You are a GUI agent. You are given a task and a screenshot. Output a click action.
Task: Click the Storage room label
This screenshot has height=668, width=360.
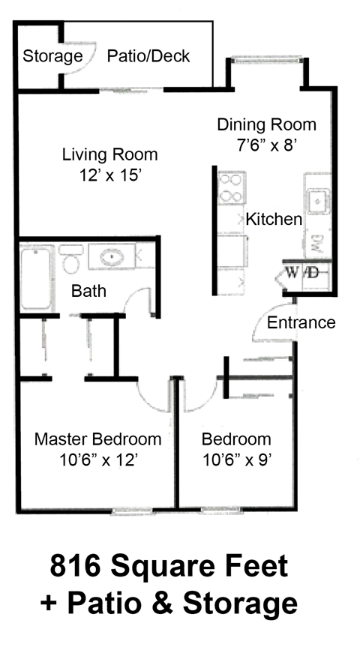52,56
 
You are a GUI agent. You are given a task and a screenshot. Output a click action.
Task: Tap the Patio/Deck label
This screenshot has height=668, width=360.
148,56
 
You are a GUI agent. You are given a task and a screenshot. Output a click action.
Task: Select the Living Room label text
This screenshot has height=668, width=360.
109,155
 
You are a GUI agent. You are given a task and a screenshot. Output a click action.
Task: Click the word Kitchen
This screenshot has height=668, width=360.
274,220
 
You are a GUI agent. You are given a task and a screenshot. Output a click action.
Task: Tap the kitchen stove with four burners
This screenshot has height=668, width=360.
232,187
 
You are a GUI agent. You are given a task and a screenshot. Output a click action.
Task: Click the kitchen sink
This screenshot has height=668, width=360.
316,201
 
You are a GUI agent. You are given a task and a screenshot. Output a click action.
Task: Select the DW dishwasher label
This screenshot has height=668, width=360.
316,242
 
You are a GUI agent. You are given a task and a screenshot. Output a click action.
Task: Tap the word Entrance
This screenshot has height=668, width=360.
301,323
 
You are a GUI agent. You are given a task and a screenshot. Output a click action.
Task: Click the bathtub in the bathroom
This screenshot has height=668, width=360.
35,279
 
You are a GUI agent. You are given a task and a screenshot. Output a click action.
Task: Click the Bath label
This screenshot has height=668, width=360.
88,291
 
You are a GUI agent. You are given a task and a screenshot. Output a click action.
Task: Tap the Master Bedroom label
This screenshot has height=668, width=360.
97,439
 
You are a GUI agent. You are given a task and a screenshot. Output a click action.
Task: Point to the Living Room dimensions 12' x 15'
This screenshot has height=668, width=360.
109,175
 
